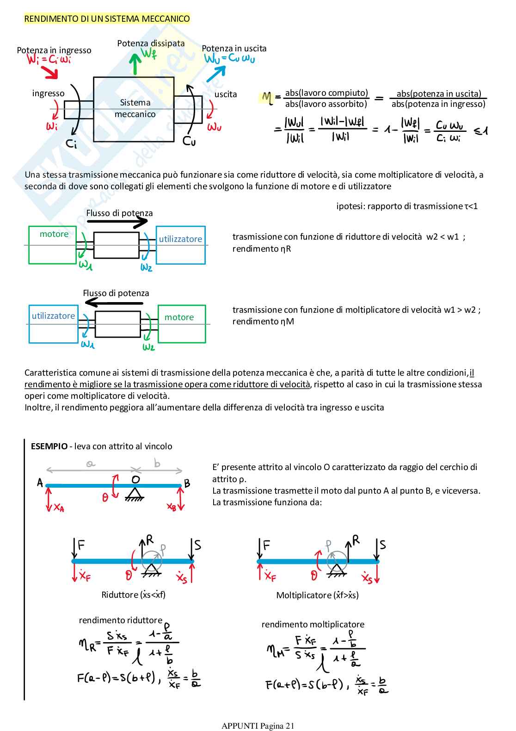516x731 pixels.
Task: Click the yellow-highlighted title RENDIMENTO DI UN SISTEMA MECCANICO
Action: click(107, 19)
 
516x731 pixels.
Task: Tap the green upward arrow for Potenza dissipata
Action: click(135, 64)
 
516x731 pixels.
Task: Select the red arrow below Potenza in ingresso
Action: click(49, 72)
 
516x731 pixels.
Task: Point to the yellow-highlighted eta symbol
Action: click(267, 98)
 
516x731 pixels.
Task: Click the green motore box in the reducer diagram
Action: click(52, 245)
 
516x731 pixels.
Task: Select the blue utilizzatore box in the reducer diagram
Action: click(180, 245)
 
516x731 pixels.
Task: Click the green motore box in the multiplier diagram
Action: click(182, 324)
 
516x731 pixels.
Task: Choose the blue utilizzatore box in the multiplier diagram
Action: click(53, 324)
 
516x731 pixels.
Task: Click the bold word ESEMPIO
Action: click(49, 446)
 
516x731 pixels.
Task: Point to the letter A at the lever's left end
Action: click(40, 483)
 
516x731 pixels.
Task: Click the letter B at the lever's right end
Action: click(187, 483)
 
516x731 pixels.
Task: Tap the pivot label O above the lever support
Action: click(135, 480)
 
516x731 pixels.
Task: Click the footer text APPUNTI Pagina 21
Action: click(258, 725)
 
